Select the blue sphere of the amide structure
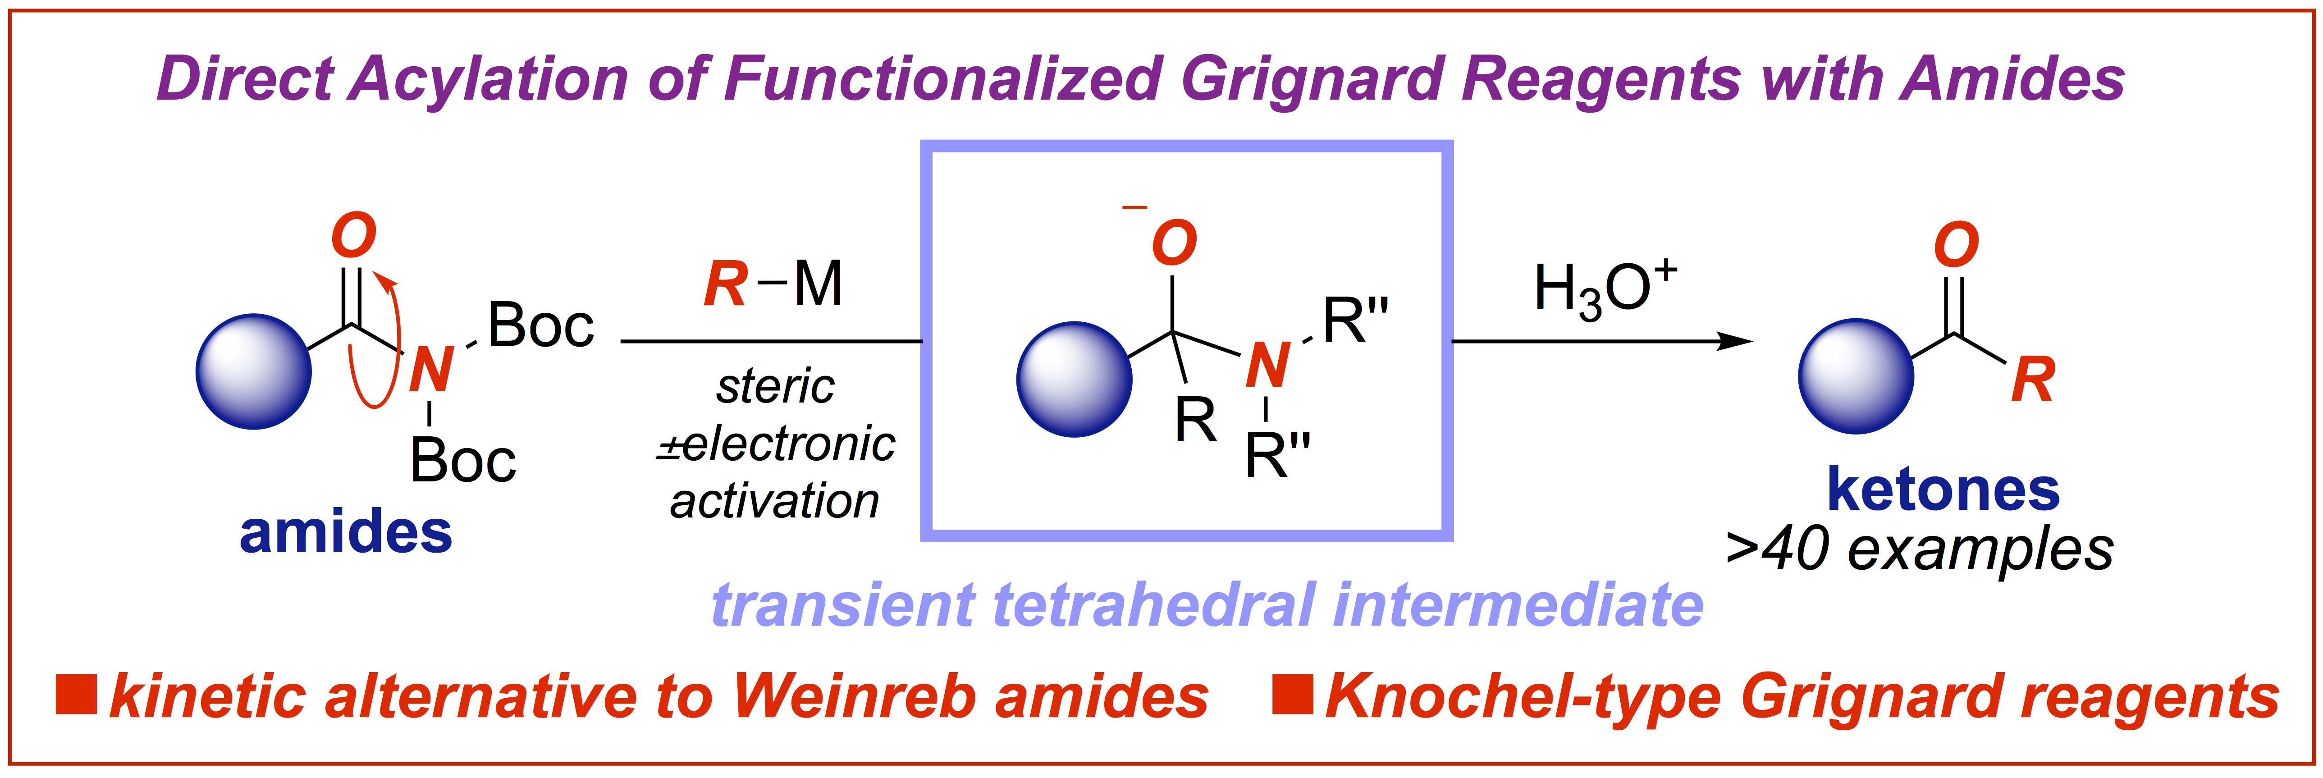253,371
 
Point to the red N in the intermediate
1267,365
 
